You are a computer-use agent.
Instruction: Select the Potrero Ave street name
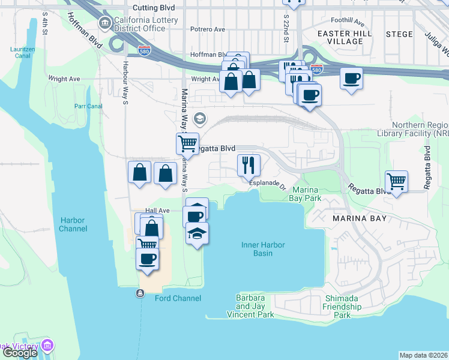point(207,29)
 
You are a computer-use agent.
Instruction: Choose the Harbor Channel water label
point(73,224)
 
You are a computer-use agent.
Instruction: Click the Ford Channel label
point(178,298)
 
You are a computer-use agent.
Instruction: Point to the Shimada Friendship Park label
point(342,307)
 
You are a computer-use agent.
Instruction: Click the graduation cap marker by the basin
point(197,233)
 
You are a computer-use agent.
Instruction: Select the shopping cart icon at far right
point(396,181)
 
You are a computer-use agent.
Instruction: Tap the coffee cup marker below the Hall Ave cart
point(147,259)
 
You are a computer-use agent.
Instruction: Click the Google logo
point(19,353)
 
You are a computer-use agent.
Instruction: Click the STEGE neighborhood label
point(399,34)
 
